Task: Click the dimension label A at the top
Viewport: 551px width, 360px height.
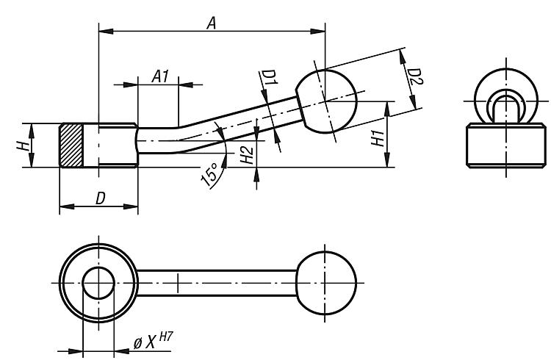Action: coord(211,23)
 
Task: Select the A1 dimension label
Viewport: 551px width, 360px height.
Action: coord(161,76)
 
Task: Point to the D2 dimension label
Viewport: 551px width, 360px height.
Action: coord(413,76)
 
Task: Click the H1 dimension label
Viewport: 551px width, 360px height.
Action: coord(376,137)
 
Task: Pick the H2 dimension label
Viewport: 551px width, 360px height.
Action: coord(248,154)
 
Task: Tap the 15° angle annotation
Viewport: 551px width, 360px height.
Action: coord(210,176)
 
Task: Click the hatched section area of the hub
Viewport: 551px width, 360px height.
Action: coord(71,145)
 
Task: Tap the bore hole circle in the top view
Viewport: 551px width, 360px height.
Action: coord(98,283)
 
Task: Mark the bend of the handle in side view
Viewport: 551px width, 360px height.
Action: coord(184,135)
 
